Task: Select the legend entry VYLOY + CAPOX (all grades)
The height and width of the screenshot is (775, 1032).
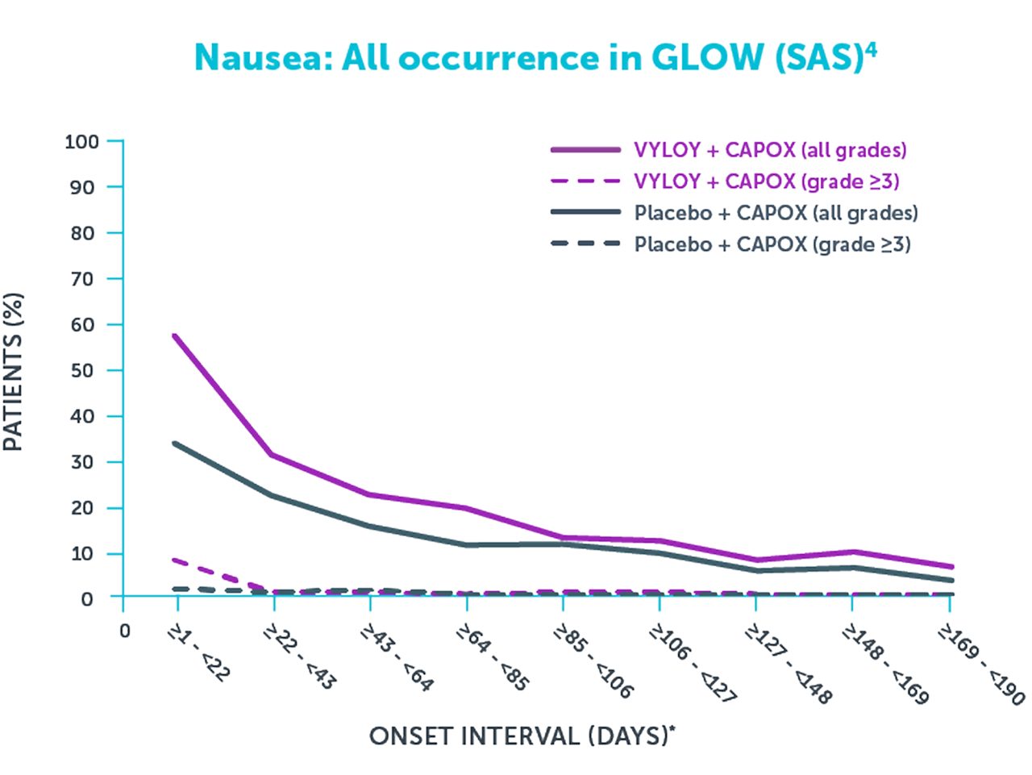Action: (x=770, y=150)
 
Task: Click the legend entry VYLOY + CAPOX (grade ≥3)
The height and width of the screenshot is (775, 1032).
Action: (x=766, y=181)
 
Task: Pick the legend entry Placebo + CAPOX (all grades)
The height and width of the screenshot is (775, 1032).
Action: (x=776, y=213)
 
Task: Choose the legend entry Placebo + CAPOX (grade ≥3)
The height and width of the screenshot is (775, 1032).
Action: (x=772, y=244)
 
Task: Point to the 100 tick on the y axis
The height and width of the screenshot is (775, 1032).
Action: (x=81, y=142)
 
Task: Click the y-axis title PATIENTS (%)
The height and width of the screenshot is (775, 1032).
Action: (x=14, y=371)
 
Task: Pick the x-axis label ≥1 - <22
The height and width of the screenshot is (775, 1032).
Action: (x=198, y=654)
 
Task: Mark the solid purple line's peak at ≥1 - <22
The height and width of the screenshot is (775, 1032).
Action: (x=175, y=335)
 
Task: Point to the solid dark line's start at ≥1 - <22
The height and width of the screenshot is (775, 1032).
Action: (x=175, y=443)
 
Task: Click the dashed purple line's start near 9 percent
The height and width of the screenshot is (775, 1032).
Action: (x=175, y=559)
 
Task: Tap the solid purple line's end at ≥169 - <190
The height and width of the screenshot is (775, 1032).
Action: (x=952, y=566)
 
